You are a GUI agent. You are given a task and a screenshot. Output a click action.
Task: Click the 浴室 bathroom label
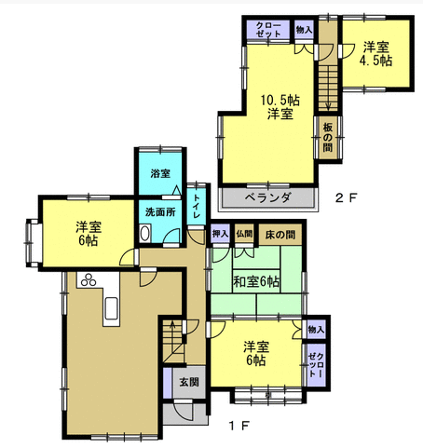(x=160, y=173)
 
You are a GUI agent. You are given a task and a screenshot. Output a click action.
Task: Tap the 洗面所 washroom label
(x=160, y=212)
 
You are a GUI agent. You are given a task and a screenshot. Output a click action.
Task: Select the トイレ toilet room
(x=197, y=206)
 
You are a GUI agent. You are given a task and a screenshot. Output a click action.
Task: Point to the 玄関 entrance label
(x=189, y=382)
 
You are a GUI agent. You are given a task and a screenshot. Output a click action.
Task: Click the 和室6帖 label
(x=256, y=282)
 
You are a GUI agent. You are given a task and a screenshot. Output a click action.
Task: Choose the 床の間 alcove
(x=280, y=235)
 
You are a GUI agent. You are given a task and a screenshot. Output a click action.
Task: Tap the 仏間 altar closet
(x=244, y=234)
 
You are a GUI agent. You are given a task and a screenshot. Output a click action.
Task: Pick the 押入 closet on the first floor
(x=220, y=234)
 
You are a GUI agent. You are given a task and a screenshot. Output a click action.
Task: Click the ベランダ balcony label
(x=268, y=197)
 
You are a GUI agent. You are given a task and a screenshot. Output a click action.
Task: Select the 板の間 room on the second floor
(x=328, y=137)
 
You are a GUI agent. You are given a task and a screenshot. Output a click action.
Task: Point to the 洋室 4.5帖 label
(x=375, y=53)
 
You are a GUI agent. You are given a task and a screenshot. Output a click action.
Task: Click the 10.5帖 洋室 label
(x=280, y=107)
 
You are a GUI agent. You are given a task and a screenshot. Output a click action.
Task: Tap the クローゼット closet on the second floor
(x=268, y=30)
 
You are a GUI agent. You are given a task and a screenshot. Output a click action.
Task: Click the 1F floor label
(x=239, y=426)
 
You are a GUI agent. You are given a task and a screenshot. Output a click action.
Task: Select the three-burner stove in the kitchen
(x=89, y=280)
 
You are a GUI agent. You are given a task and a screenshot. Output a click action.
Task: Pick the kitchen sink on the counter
(x=112, y=308)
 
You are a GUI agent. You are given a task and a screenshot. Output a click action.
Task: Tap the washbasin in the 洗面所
(x=144, y=234)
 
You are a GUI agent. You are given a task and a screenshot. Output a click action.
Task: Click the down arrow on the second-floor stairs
(x=328, y=105)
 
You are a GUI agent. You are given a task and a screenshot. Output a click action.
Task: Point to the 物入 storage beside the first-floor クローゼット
(x=316, y=330)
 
